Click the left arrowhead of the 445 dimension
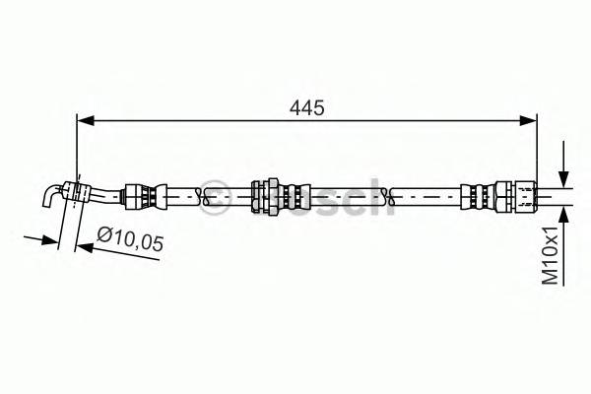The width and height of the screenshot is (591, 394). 83,120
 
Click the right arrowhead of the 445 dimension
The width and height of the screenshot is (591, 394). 531,120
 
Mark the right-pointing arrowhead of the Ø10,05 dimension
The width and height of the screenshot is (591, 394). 50,239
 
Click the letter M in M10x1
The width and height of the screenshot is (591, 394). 552,279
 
